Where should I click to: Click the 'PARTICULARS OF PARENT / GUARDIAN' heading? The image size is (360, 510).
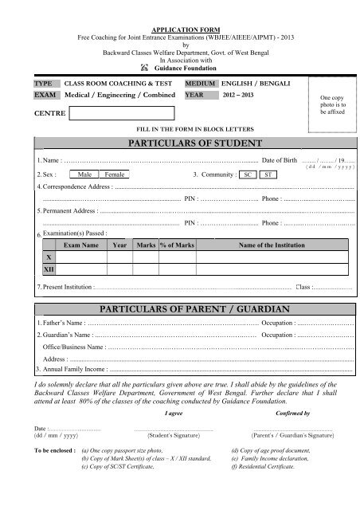pos(179,307)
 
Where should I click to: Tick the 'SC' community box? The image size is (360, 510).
pos(248,173)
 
